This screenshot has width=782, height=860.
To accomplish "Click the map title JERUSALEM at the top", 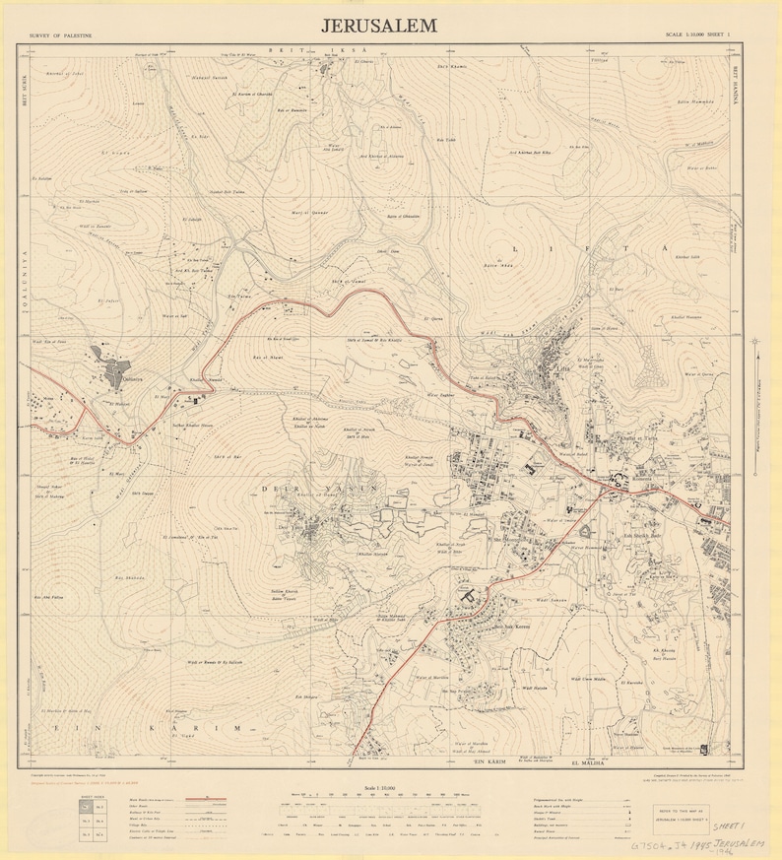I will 379,27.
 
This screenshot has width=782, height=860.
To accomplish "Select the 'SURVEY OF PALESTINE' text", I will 61,34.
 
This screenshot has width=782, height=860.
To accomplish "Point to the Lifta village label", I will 537,364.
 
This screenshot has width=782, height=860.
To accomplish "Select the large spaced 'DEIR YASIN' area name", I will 319,487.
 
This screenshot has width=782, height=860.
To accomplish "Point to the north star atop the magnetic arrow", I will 754,341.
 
